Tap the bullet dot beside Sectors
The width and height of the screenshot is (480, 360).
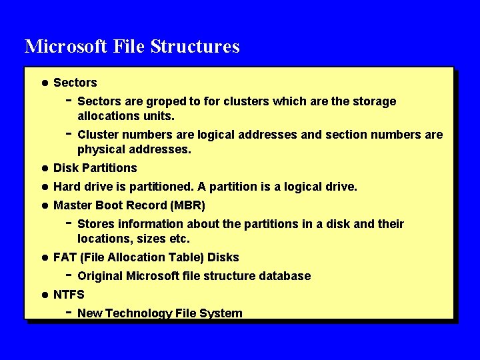click(44, 83)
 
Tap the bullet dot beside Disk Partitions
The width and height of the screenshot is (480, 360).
click(44, 168)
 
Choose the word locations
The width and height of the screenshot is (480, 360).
click(102, 238)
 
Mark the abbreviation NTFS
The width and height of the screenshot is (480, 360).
click(69, 294)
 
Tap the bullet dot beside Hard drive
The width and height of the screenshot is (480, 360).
click(44, 187)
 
